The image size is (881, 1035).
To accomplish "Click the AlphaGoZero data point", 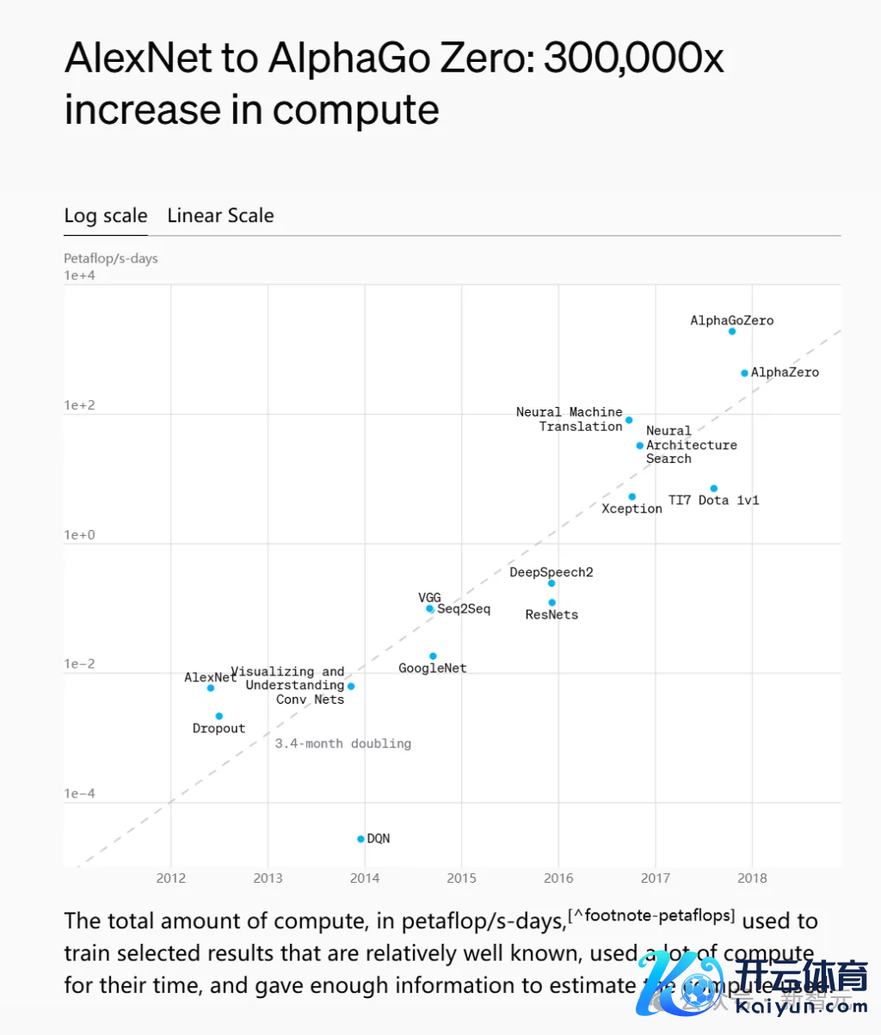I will (732, 331).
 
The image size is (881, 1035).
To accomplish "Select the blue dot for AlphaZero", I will (744, 373).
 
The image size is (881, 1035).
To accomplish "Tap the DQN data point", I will (360, 839).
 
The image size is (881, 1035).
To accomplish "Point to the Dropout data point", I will (219, 716).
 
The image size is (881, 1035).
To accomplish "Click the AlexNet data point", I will (211, 688).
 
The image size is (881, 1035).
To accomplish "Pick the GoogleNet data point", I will (433, 656).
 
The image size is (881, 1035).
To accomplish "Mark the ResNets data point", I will (551, 602).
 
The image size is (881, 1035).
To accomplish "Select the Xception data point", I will (631, 496).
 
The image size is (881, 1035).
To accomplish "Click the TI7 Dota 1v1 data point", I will (713, 489).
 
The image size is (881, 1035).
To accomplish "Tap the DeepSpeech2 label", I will (551, 572).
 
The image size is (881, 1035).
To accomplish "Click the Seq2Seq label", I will (464, 609).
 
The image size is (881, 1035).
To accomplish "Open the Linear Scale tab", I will (220, 216).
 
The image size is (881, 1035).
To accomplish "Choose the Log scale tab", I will (106, 216).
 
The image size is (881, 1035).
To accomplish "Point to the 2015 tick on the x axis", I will (461, 878).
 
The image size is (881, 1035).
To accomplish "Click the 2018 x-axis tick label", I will (752, 878).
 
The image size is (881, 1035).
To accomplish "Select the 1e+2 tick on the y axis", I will (79, 405).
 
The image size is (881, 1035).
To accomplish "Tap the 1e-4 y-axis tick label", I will (79, 793).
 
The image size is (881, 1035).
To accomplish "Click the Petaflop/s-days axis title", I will (111, 258).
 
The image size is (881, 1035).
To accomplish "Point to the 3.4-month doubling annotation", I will (342, 743).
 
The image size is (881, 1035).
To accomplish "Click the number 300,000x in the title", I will (633, 59).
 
